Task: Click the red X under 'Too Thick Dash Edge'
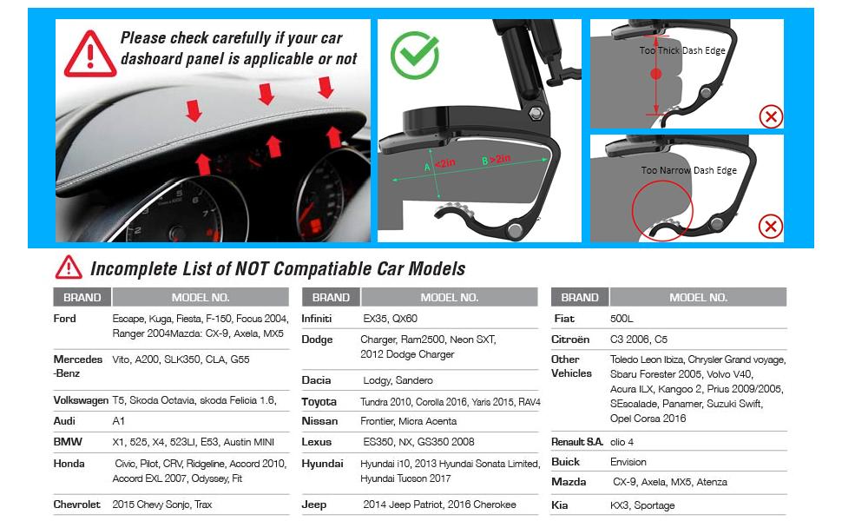coord(770,115)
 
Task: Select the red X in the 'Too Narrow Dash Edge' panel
coord(770,227)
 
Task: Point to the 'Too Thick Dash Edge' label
coord(682,51)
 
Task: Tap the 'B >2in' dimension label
coord(496,160)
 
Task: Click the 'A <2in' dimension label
coord(439,163)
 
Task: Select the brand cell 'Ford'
coord(65,319)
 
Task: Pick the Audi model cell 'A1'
coord(119,421)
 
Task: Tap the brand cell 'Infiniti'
coord(317,319)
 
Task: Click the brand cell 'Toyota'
coord(319,402)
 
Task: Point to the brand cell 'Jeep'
coord(314,505)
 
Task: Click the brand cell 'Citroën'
coord(570,340)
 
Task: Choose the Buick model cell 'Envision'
coord(628,462)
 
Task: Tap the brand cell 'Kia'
coord(562,505)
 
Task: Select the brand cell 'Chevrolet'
coord(77,505)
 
